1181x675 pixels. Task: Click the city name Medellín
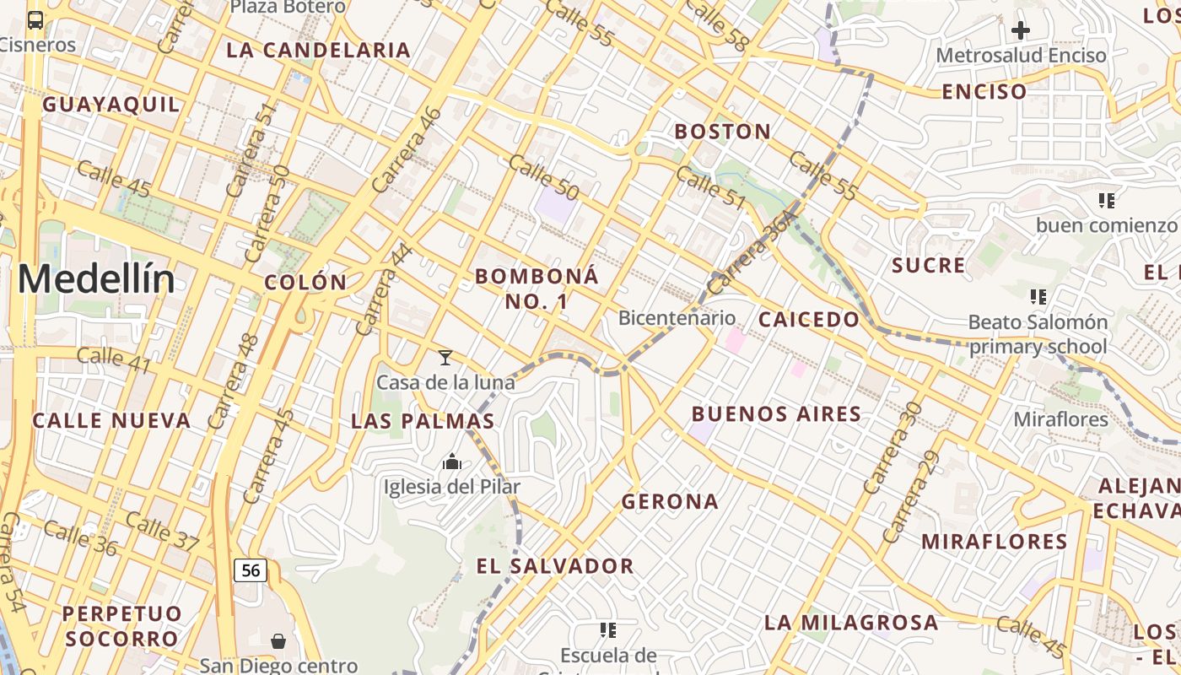(x=96, y=279)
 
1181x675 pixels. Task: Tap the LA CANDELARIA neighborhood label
(x=318, y=50)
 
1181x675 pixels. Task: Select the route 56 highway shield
(x=251, y=570)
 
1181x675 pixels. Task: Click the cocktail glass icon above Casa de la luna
(x=445, y=358)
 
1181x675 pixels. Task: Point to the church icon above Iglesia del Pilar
(x=452, y=462)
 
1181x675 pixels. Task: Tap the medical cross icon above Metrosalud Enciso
(x=1021, y=31)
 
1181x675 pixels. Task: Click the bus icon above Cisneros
(x=35, y=20)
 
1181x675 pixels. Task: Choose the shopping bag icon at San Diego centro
(x=278, y=642)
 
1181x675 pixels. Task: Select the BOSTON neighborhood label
(x=722, y=132)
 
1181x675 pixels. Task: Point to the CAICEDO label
(x=808, y=320)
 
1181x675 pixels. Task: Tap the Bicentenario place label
(x=677, y=318)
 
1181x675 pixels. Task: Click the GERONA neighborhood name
(x=670, y=502)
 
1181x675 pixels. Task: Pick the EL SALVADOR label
(x=554, y=566)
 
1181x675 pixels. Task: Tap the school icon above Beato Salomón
(x=1038, y=297)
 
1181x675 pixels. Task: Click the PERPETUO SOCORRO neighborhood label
(x=121, y=625)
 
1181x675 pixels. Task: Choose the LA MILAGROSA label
(x=850, y=623)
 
